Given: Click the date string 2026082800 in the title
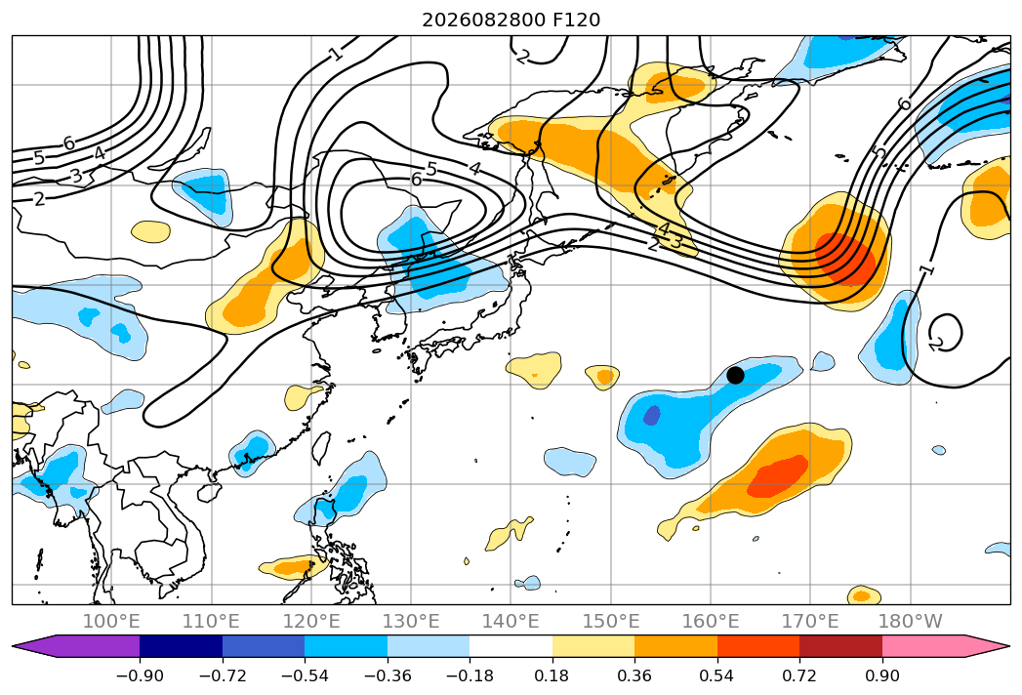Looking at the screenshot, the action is (x=484, y=20).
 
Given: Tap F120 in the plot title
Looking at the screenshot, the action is (x=577, y=20).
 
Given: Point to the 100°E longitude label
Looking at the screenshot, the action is (x=111, y=621).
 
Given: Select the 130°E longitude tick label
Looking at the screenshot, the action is (x=411, y=621).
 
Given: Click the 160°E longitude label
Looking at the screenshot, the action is (x=711, y=621).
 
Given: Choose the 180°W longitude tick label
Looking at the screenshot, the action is (x=911, y=621).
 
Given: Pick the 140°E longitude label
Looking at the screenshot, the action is (x=511, y=621).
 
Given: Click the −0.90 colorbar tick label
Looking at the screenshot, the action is (x=140, y=675).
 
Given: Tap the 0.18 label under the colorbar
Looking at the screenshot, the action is (x=552, y=675).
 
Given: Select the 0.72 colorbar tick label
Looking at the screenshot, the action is (x=799, y=675).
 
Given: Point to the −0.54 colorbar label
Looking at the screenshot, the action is (x=305, y=675).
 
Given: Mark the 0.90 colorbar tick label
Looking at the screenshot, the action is (x=881, y=675).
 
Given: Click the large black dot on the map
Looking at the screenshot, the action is (x=735, y=376).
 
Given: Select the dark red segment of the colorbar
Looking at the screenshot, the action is (x=840, y=646).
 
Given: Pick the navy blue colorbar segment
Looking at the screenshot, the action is (x=182, y=646).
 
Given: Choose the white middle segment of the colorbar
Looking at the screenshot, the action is (x=511, y=646).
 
